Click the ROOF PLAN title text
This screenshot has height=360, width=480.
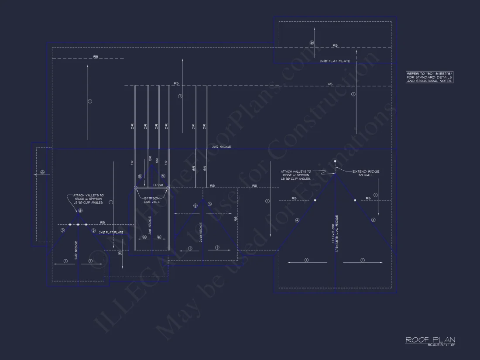(430, 339)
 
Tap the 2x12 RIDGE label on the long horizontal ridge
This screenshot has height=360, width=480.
(222, 147)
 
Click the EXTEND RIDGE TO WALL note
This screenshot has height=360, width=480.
(366, 173)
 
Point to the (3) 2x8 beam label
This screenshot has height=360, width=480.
(158, 185)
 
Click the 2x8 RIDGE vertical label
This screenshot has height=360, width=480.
(150, 226)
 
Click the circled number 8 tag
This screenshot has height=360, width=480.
(80, 210)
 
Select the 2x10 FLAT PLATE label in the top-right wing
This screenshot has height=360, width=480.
(335, 62)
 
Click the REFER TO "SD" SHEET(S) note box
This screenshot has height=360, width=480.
(429, 77)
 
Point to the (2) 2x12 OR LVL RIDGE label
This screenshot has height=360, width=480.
(336, 233)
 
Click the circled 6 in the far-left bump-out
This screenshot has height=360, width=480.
(42, 172)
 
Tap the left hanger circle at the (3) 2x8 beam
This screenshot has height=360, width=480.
(136, 188)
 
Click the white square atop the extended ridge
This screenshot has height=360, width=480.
(335, 161)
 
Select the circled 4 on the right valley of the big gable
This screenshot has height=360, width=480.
(373, 220)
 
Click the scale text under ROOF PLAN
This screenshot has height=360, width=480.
(441, 345)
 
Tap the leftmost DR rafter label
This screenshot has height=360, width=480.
(132, 127)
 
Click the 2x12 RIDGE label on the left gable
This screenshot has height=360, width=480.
(76, 250)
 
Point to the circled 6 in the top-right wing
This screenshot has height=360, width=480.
(312, 43)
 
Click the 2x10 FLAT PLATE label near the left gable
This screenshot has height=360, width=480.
(111, 233)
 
